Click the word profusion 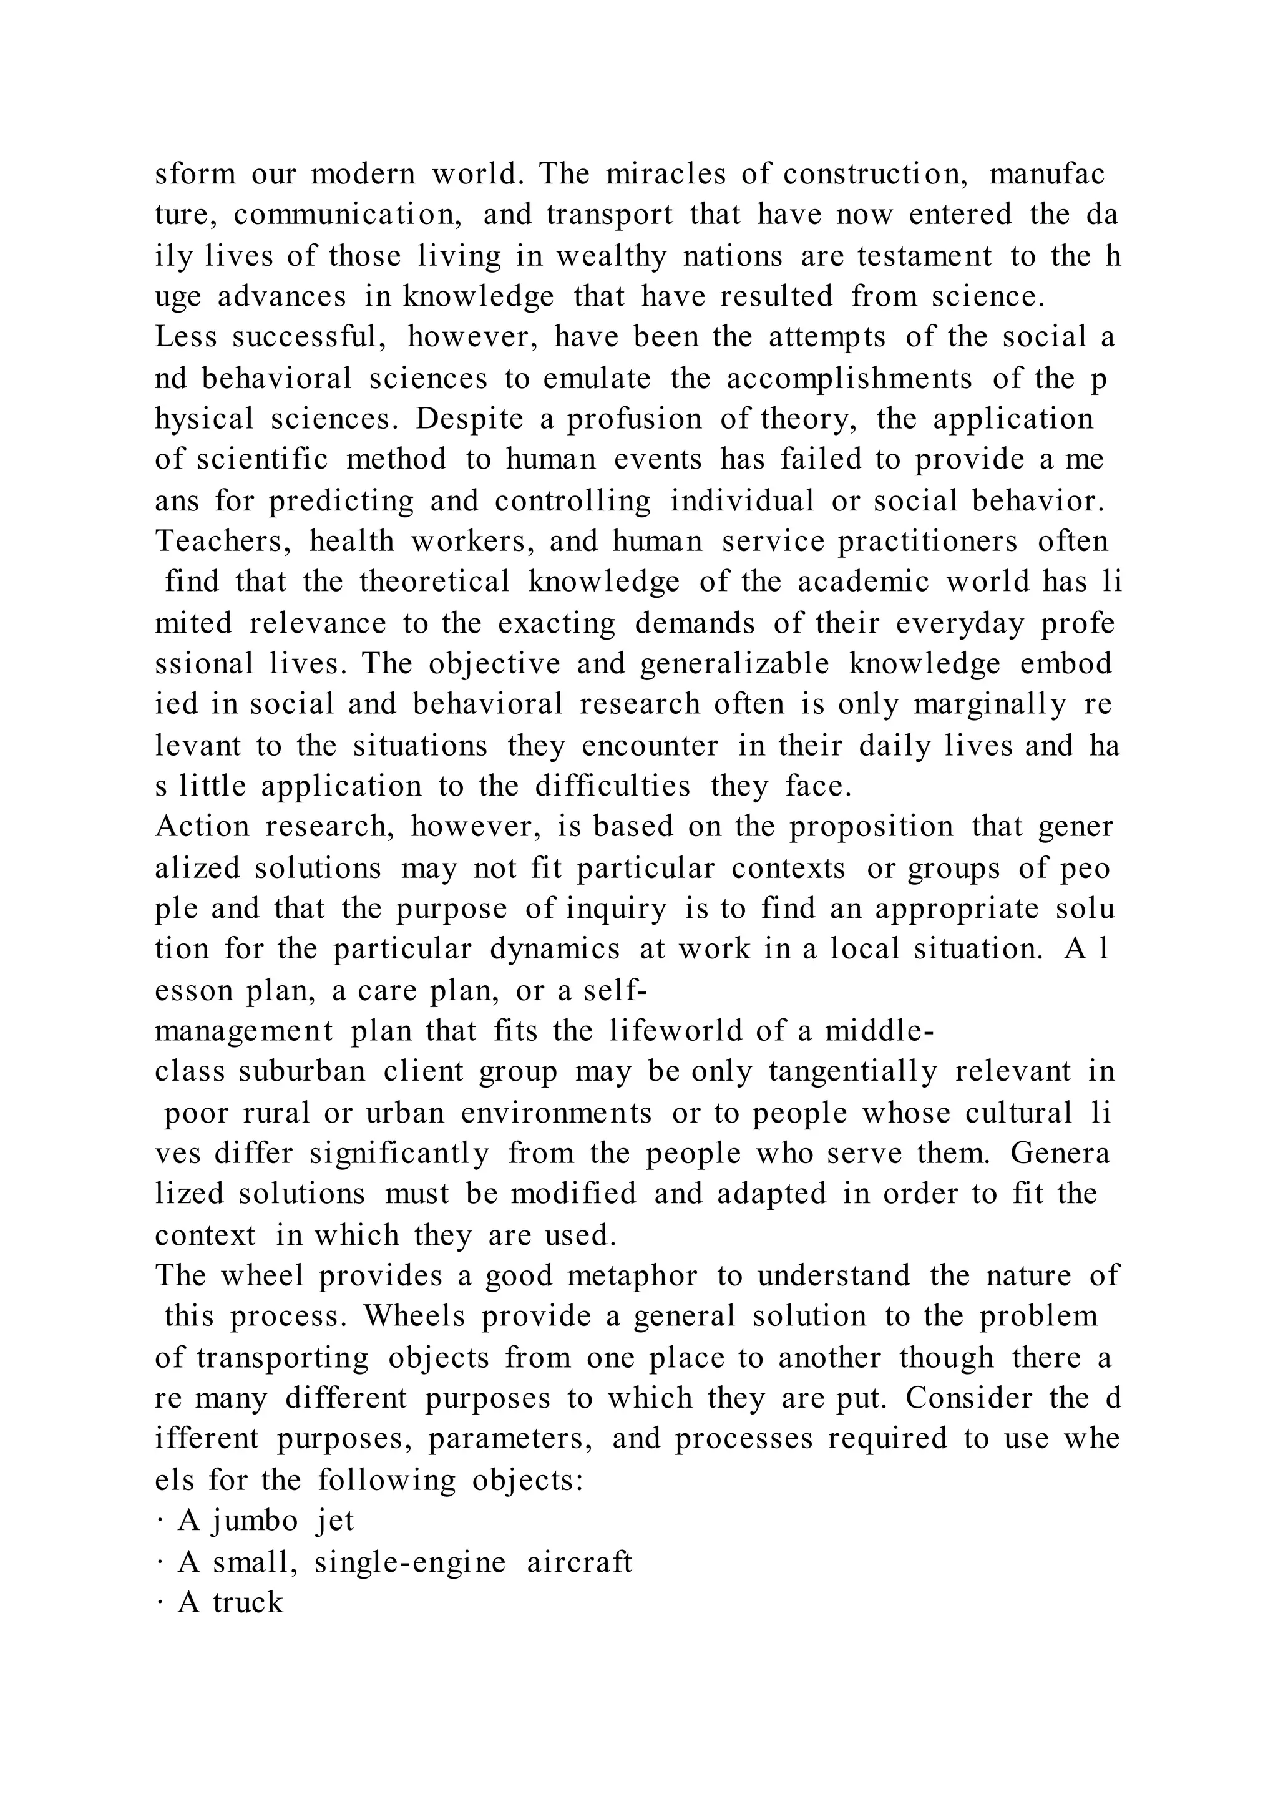click(634, 419)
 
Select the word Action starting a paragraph click(202, 826)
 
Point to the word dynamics click(555, 949)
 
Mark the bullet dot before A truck click(160, 1603)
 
